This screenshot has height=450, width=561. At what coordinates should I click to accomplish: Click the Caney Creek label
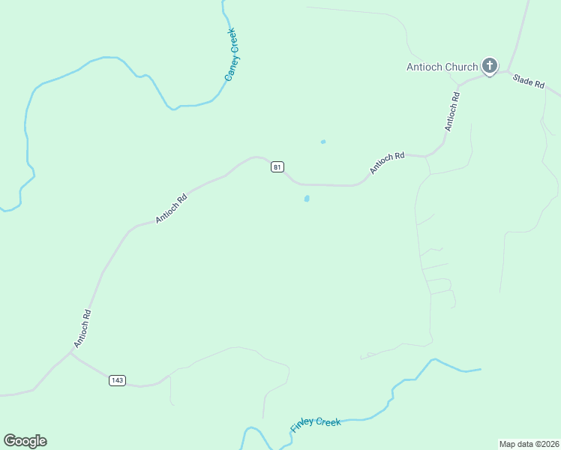tap(232, 54)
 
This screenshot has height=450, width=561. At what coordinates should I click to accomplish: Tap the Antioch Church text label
tap(442, 67)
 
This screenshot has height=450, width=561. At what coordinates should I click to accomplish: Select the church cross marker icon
tap(490, 66)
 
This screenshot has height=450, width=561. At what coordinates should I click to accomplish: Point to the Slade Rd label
tap(528, 81)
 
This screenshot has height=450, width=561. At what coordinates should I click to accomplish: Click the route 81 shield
tap(277, 167)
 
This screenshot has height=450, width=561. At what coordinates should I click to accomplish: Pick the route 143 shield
tap(116, 380)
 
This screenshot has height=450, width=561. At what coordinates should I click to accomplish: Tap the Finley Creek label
tap(316, 424)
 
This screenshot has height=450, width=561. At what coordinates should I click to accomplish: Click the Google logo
tap(25, 441)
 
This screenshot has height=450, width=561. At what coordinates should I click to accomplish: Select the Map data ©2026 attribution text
tap(529, 444)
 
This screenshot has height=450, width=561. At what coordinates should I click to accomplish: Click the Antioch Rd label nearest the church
tap(451, 112)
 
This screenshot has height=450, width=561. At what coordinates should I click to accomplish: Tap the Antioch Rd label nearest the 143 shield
tap(82, 328)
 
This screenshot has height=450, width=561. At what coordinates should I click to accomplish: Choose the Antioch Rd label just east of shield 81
tap(387, 163)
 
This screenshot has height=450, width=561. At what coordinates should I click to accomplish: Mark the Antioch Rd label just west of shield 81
tap(171, 209)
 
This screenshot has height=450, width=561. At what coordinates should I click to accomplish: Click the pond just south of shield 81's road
tap(307, 199)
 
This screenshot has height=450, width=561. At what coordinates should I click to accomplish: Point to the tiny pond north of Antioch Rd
tap(323, 142)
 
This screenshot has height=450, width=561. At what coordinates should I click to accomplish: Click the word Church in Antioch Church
tap(461, 67)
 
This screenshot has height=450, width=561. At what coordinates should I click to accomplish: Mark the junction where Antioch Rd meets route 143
tap(71, 353)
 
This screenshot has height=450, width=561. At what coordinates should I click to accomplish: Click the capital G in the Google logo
tap(10, 440)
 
